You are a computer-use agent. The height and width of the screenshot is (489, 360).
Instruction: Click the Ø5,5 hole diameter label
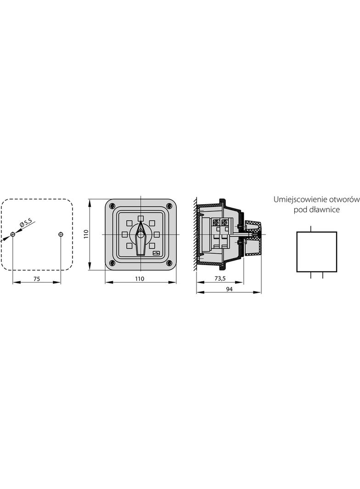pyautogui.click(x=26, y=223)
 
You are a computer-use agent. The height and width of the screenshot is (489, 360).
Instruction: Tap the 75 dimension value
pyautogui.click(x=37, y=279)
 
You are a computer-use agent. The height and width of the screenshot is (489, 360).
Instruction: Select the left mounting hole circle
pyautogui.click(x=12, y=234)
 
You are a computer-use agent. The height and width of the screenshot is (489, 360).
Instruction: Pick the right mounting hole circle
pyautogui.click(x=61, y=234)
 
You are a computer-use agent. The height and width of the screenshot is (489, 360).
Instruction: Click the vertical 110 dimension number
pyautogui.click(x=86, y=234)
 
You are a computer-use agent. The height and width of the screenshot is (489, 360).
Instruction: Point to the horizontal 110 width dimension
pyautogui.click(x=140, y=279)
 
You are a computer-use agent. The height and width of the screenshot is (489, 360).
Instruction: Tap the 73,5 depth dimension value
pyautogui.click(x=220, y=278)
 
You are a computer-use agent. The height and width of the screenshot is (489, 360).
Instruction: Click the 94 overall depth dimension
pyautogui.click(x=229, y=289)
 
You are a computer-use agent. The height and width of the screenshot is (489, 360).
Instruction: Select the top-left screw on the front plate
pyautogui.click(x=112, y=206)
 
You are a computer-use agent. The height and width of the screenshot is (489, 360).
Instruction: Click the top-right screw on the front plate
pyautogui.click(x=169, y=206)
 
